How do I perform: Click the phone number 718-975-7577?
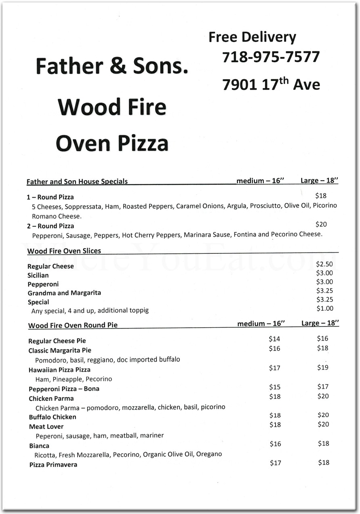coord(271,57)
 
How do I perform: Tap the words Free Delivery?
coord(252,37)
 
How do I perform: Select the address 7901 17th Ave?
coord(271,84)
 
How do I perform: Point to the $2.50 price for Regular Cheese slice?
coord(324,264)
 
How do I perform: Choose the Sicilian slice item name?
coord(38,276)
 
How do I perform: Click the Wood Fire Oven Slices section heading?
coord(64,251)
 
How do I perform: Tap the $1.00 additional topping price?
coord(324,309)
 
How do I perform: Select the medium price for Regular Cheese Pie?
coord(274,339)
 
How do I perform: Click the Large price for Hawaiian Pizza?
coord(323,368)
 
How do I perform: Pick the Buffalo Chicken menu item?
coord(53,417)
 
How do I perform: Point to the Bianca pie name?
coord(39,446)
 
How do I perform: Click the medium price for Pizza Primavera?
coord(276,463)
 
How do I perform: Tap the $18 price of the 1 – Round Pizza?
coord(321,196)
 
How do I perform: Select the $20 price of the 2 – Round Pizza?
coord(321,224)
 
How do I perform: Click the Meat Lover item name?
coord(46,427)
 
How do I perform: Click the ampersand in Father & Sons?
coord(118,66)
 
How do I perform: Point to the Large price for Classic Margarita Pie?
coord(322,348)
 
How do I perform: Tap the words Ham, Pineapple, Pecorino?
coord(74,379)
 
